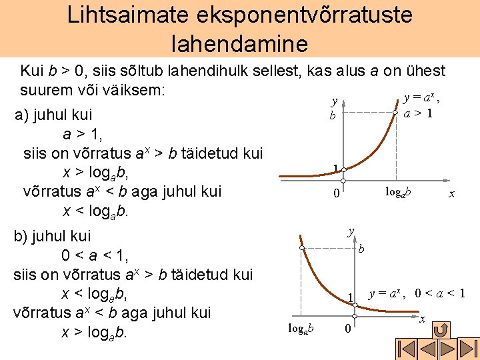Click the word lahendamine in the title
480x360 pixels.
click(x=239, y=43)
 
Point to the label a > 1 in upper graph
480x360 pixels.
click(x=418, y=113)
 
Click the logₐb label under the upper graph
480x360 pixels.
click(x=398, y=193)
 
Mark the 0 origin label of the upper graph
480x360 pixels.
click(x=337, y=195)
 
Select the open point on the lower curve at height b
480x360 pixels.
click(x=302, y=248)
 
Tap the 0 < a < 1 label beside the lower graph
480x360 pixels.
click(x=439, y=293)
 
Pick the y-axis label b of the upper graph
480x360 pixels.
click(x=332, y=115)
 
